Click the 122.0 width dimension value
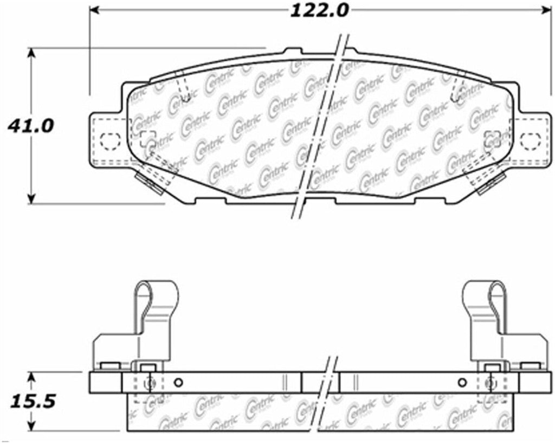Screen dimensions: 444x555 click(320, 10)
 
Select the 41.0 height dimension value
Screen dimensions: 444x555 click(30, 126)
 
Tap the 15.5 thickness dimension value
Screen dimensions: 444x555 click(31, 402)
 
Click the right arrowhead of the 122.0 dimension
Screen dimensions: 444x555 click(546, 10)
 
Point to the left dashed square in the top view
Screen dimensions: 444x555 click(147, 138)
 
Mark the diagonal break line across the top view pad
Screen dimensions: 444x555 click(320, 127)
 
